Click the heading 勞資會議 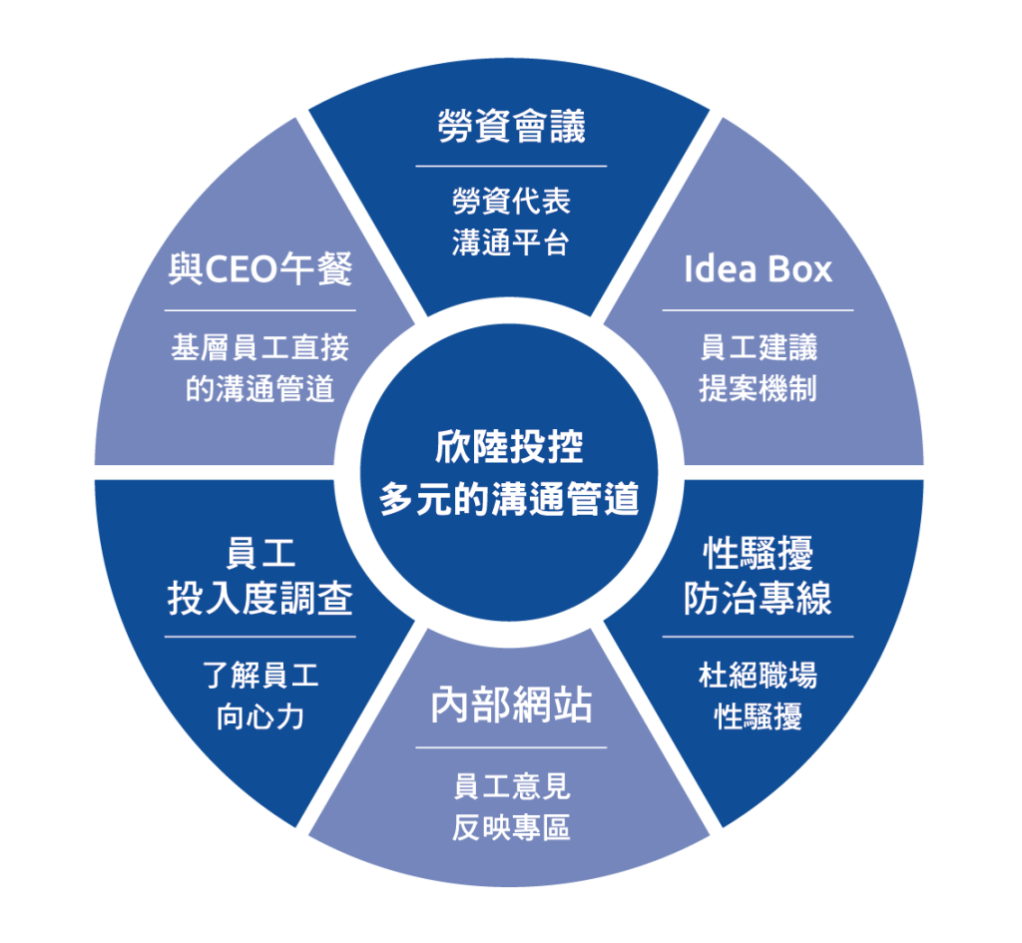point(511,127)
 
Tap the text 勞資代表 point(511,202)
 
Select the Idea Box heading point(758,269)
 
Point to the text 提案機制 point(758,388)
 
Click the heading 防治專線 point(758,598)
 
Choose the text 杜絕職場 point(758,676)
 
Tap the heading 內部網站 point(511,706)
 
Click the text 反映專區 point(511,828)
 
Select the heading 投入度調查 point(259,599)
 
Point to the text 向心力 point(259,716)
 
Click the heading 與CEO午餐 point(259,269)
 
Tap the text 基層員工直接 point(259,348)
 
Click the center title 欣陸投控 point(509,446)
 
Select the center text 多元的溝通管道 point(509,499)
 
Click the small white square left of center point(339,472)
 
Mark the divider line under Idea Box point(758,310)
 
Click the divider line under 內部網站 point(511,747)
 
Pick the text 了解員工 point(259,676)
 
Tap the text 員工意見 point(511,786)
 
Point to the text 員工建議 point(758,347)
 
